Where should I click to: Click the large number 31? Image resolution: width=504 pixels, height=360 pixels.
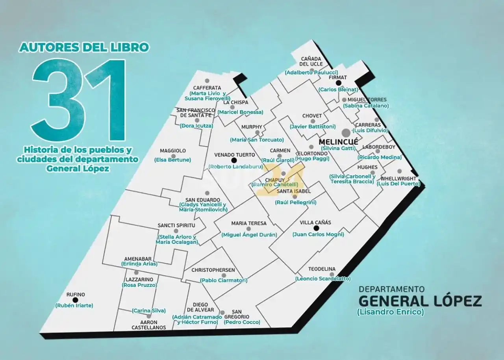click(x=79, y=100)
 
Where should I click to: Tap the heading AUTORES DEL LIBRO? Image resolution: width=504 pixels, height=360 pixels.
click(x=84, y=48)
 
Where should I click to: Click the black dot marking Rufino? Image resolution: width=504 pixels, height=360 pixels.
click(x=76, y=300)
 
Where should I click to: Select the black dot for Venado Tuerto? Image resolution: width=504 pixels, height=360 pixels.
click(x=234, y=160)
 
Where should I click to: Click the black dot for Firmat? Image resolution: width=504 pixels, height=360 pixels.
click(x=338, y=83)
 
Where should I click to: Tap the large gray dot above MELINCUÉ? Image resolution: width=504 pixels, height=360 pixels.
click(x=346, y=133)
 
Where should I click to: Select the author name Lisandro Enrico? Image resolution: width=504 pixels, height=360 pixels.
click(x=390, y=312)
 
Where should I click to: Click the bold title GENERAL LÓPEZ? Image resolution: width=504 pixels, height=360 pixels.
click(x=420, y=301)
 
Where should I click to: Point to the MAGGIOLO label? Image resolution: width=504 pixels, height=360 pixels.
click(x=173, y=151)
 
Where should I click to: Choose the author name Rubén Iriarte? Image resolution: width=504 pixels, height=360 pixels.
click(x=74, y=305)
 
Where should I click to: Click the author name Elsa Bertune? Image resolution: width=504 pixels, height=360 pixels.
click(x=172, y=160)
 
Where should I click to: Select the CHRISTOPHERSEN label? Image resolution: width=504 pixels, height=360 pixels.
click(x=213, y=270)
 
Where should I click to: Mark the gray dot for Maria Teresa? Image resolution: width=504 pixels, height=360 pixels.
click(x=248, y=229)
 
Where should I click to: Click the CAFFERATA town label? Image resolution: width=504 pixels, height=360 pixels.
click(x=207, y=88)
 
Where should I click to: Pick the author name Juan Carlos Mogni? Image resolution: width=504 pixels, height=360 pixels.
click(x=318, y=234)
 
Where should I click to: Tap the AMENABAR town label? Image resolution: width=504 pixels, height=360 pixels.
click(x=137, y=258)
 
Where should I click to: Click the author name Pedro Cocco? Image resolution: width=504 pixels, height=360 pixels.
click(x=242, y=322)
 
